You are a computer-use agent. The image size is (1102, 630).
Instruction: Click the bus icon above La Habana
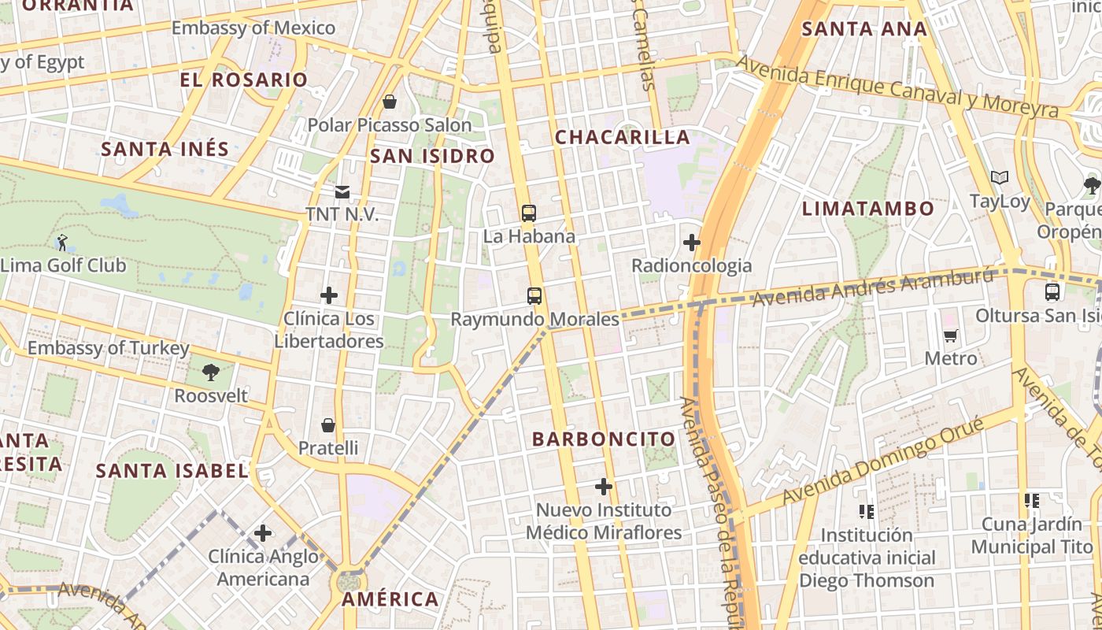tap(529, 213)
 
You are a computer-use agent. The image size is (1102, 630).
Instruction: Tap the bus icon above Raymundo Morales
tap(534, 296)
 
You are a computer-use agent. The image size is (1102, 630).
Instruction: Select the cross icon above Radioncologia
tap(692, 243)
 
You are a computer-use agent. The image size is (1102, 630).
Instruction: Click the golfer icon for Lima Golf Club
tap(62, 243)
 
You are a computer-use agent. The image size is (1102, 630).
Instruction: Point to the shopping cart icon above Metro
tap(951, 335)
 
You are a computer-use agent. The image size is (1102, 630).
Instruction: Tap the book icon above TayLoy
tap(1000, 178)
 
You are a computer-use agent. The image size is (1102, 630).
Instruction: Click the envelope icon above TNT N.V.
tap(342, 191)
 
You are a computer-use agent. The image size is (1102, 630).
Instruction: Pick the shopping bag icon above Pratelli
tap(328, 425)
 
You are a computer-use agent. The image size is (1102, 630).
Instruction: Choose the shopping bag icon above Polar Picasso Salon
tap(389, 102)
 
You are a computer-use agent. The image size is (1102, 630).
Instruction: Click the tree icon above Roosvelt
tap(210, 372)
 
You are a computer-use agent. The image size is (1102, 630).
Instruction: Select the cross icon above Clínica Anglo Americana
tap(263, 534)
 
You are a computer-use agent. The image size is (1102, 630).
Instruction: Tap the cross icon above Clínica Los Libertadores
tap(329, 295)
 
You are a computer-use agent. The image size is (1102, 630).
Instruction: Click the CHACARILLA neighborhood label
tap(622, 137)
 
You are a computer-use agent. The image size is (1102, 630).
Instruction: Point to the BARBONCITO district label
tap(604, 439)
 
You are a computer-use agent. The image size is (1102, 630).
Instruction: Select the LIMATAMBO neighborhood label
tap(867, 209)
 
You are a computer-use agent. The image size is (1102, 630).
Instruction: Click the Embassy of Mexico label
tap(253, 28)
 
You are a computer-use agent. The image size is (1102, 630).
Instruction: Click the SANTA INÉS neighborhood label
tap(165, 149)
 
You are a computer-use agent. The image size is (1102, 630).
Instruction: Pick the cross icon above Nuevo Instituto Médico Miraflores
tap(604, 487)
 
